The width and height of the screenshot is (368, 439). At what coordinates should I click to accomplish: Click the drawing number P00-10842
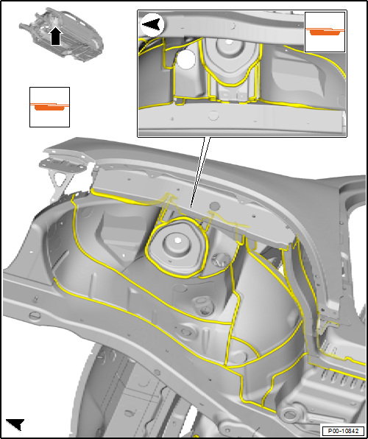click(x=344, y=430)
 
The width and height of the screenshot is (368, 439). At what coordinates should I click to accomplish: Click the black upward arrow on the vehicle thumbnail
click(x=56, y=37)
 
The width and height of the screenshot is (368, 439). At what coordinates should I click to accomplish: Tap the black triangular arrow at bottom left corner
click(x=15, y=424)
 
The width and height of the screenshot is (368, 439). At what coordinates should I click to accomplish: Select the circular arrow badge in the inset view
click(x=153, y=24)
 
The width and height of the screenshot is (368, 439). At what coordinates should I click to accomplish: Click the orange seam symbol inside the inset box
click(x=325, y=31)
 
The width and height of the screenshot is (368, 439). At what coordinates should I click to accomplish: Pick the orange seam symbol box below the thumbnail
click(x=49, y=107)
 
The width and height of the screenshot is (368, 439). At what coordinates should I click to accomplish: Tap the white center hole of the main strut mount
click(x=177, y=240)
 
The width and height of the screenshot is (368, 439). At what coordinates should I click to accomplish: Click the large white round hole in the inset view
click(x=186, y=60)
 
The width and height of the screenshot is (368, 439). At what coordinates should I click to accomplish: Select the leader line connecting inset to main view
click(x=199, y=172)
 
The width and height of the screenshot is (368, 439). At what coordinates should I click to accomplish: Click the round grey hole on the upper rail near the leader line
click(x=216, y=207)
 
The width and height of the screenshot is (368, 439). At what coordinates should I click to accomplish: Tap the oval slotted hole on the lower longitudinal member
click(x=35, y=315)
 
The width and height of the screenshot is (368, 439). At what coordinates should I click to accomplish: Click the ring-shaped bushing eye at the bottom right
click(x=290, y=412)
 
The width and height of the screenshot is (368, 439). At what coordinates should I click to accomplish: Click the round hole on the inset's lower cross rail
click(x=213, y=115)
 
